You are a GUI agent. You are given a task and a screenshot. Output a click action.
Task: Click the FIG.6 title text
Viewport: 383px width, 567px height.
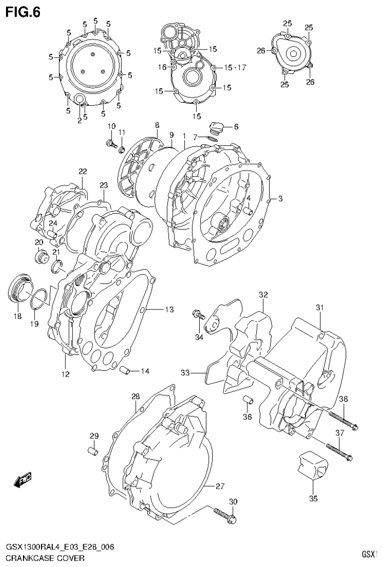(22, 12)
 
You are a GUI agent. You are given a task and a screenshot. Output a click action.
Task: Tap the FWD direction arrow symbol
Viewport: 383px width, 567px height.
(23, 480)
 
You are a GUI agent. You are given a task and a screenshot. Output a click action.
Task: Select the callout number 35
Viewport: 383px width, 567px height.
(313, 498)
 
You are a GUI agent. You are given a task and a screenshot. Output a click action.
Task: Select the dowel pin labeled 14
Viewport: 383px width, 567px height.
(126, 370)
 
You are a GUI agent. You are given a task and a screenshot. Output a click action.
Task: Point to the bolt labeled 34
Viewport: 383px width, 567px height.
(199, 315)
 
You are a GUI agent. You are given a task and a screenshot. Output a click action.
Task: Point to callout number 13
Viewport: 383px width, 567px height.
(169, 310)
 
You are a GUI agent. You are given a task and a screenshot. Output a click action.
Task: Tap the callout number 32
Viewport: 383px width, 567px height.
(263, 294)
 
